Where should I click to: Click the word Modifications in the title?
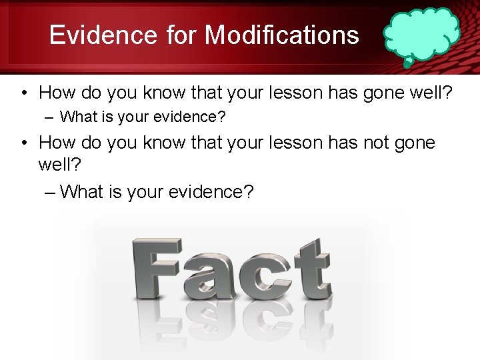[282, 35]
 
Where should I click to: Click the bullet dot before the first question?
[23, 92]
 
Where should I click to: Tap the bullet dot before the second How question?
[23, 143]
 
